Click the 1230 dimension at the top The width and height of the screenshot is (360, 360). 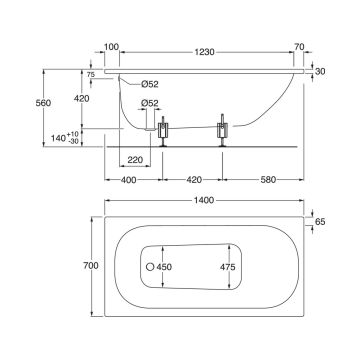205,52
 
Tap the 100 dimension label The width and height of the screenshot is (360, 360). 111,47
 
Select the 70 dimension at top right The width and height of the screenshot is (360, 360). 299,47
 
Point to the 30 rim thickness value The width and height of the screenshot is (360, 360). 320,71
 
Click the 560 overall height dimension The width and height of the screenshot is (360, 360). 43,103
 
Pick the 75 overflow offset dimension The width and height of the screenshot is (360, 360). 91,75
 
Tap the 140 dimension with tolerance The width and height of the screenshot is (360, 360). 65,138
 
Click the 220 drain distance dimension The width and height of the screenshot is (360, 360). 135,160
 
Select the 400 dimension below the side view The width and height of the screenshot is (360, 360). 129,180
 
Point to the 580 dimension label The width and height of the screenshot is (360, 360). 268,180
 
